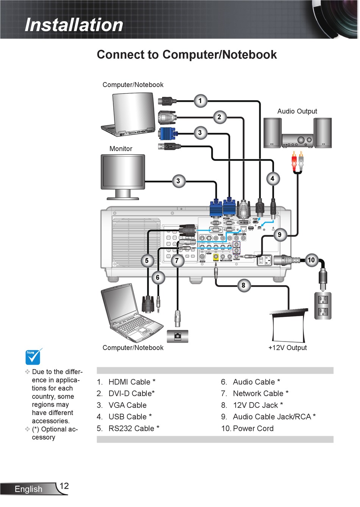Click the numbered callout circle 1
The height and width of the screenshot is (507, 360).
pyautogui.click(x=200, y=101)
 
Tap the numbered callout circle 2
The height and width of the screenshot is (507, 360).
pyautogui.click(x=219, y=117)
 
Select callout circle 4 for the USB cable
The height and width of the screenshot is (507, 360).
pyautogui.click(x=272, y=178)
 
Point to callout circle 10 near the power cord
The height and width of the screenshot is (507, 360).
pyautogui.click(x=311, y=260)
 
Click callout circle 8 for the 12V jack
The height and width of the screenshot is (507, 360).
pyautogui.click(x=243, y=285)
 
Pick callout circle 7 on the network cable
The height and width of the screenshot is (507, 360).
pyautogui.click(x=177, y=261)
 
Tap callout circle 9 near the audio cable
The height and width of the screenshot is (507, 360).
pyautogui.click(x=280, y=234)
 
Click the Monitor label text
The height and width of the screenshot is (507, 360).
pyautogui.click(x=121, y=149)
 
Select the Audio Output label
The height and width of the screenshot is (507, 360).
pyautogui.click(x=297, y=111)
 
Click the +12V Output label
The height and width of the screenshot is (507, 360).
pyautogui.click(x=287, y=348)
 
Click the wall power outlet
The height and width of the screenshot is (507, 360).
pyautogui.click(x=323, y=306)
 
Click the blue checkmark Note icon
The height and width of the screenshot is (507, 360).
pyautogui.click(x=33, y=357)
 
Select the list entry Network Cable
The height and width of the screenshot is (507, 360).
pyautogui.click(x=260, y=393)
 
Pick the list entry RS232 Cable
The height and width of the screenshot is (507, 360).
pyautogui.click(x=133, y=428)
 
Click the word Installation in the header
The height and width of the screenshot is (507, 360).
pyautogui.click(x=74, y=25)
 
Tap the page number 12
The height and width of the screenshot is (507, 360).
pyautogui.click(x=64, y=486)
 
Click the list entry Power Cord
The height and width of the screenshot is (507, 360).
pyautogui.click(x=253, y=428)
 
